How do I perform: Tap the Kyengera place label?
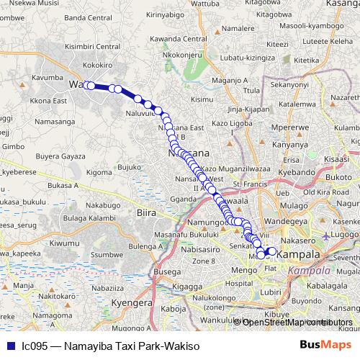[x=135, y=303]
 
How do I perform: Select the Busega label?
[x=167, y=272]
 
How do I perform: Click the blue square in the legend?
[x=8, y=346]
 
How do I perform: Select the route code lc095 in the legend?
[x=35, y=346]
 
